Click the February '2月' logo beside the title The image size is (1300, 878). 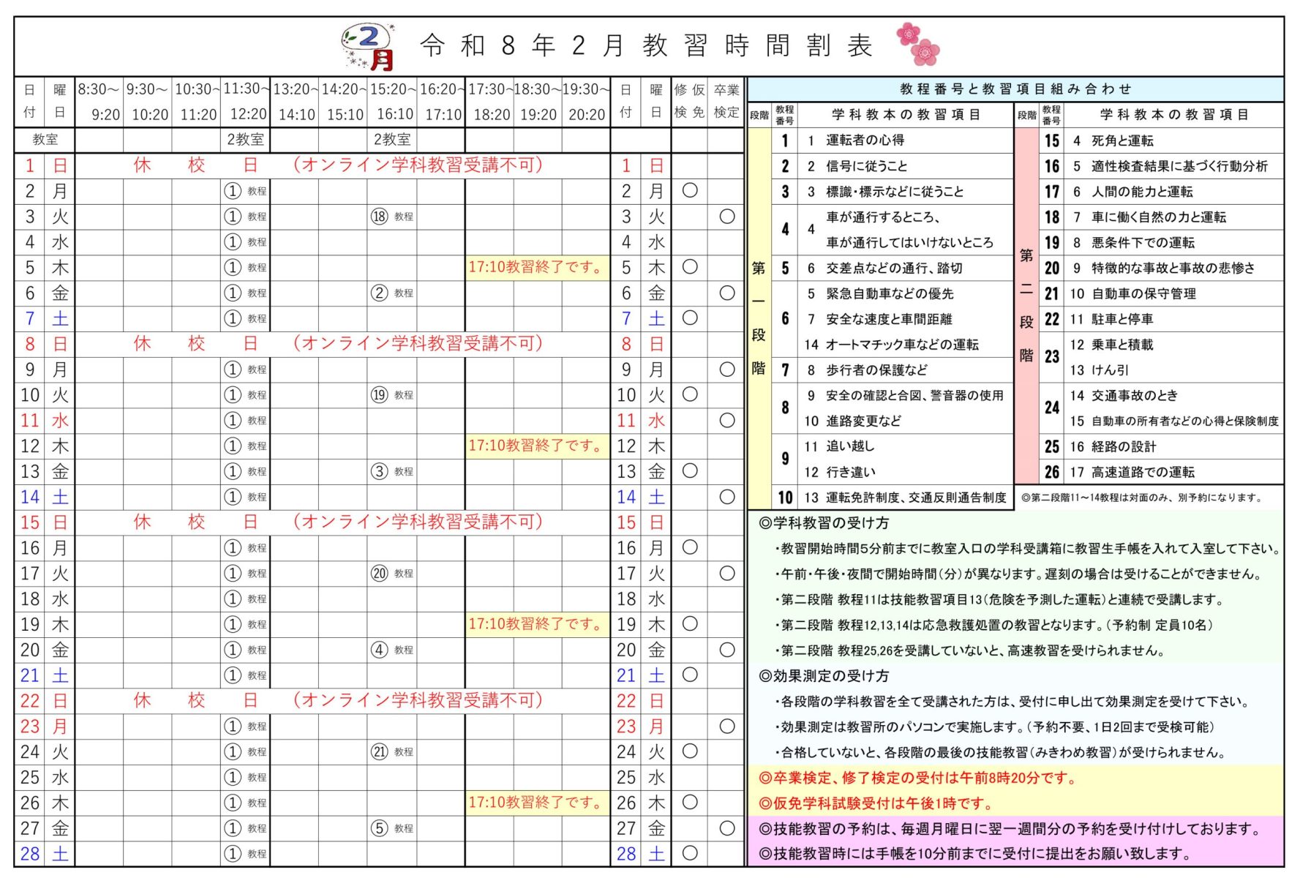tap(369, 47)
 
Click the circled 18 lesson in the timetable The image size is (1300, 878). tap(379, 217)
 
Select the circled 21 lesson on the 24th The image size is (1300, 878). tap(379, 751)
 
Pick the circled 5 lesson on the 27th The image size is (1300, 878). tap(379, 828)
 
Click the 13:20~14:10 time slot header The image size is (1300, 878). tap(295, 102)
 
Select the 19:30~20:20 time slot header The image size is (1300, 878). tap(585, 102)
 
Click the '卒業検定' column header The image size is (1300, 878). tap(726, 102)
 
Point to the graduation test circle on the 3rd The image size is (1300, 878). tap(726, 217)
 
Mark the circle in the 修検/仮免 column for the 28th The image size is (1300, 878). tap(689, 853)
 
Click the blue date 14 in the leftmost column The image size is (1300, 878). tap(30, 498)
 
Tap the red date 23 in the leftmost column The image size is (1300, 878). tap(30, 727)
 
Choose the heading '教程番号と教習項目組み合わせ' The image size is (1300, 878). tap(1015, 89)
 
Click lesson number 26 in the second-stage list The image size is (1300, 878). tap(1051, 472)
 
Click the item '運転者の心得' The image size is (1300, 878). tap(865, 140)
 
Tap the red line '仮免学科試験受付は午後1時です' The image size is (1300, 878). tap(875, 803)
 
